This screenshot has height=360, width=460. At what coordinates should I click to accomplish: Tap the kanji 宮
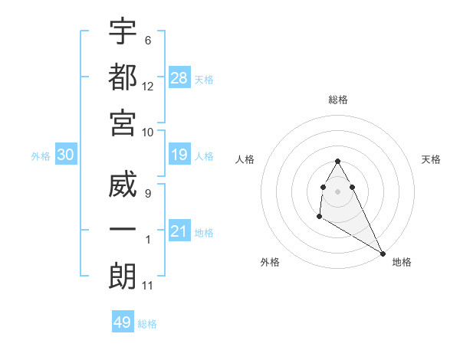[x=123, y=123]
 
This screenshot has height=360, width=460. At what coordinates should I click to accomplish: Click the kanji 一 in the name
[x=123, y=230]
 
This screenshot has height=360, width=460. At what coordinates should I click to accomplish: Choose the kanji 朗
[x=123, y=276]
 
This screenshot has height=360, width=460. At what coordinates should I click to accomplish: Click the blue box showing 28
[x=179, y=77]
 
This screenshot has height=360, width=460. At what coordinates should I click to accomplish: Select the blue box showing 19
[x=179, y=155]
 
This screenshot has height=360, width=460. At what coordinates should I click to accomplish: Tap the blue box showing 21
[x=179, y=231]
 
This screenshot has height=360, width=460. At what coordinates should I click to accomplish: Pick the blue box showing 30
[x=66, y=155]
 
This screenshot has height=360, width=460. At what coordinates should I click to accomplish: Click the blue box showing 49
[x=123, y=322]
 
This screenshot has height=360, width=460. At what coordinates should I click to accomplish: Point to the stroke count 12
[x=148, y=86]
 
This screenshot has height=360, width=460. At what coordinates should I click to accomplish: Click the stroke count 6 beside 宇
[x=148, y=40]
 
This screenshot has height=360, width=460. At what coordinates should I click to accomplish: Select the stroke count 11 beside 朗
[x=148, y=286]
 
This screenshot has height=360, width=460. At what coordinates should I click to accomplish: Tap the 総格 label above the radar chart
[x=338, y=100]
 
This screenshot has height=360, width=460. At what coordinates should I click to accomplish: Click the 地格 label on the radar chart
[x=402, y=262]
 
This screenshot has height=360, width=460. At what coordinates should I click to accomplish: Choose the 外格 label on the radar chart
[x=270, y=262]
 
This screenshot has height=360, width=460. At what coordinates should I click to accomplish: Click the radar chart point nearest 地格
[x=383, y=254]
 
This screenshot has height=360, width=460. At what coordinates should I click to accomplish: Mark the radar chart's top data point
[x=337, y=161]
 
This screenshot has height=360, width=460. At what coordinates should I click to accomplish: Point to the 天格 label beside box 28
[x=204, y=79]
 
